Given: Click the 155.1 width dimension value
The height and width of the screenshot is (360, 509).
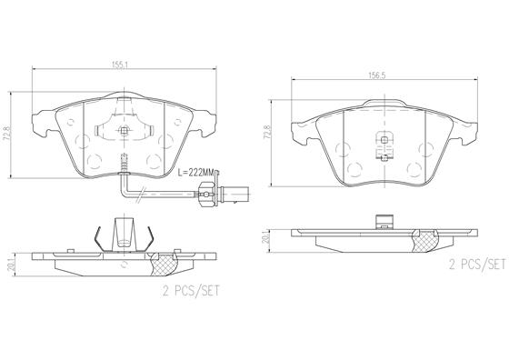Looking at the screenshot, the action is click(x=120, y=65).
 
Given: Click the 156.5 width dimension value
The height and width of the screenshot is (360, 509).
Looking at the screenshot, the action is click(x=376, y=75).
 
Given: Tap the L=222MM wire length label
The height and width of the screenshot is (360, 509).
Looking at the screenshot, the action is click(x=195, y=173).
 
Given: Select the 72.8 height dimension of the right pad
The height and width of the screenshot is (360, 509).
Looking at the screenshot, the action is click(x=267, y=133).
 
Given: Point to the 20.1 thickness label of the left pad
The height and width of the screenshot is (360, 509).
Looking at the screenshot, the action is click(x=12, y=264).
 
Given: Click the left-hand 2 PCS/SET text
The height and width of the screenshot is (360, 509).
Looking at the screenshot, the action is click(x=191, y=291).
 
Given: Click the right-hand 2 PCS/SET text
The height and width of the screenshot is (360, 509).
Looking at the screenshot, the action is click(x=477, y=265).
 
